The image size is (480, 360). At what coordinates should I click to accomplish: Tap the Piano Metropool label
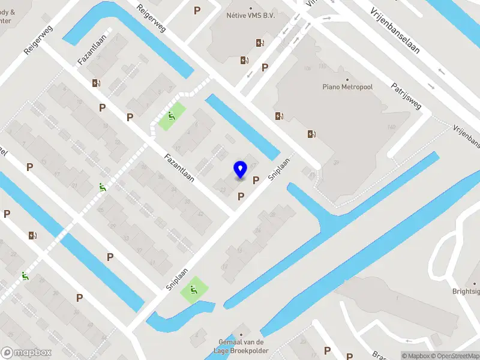pyautogui.click(x=347, y=88)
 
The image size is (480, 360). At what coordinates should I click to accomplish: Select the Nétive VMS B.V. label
pyautogui.click(x=251, y=16)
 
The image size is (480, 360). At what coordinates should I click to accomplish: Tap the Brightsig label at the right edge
pyautogui.click(x=466, y=292)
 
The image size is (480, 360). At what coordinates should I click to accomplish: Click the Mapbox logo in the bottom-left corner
pyautogui.click(x=26, y=353)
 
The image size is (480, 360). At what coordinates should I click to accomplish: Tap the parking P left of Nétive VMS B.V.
pyautogui.click(x=197, y=11)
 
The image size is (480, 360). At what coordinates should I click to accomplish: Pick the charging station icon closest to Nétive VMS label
pyautogui.click(x=260, y=43)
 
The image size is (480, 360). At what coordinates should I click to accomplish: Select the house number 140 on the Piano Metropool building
pyautogui.click(x=392, y=127)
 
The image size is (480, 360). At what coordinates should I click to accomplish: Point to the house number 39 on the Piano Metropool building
pyautogui.click(x=337, y=163)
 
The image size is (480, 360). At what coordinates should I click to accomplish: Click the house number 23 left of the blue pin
pyautogui.click(x=223, y=189)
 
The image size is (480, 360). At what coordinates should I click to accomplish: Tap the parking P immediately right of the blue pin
pyautogui.click(x=256, y=180)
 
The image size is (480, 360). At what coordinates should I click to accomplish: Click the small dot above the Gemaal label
pyautogui.click(x=242, y=335)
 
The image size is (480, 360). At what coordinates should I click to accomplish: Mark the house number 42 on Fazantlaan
pyautogui.click(x=200, y=214)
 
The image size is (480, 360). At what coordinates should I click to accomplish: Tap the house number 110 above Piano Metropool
pyautogui.click(x=322, y=66)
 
